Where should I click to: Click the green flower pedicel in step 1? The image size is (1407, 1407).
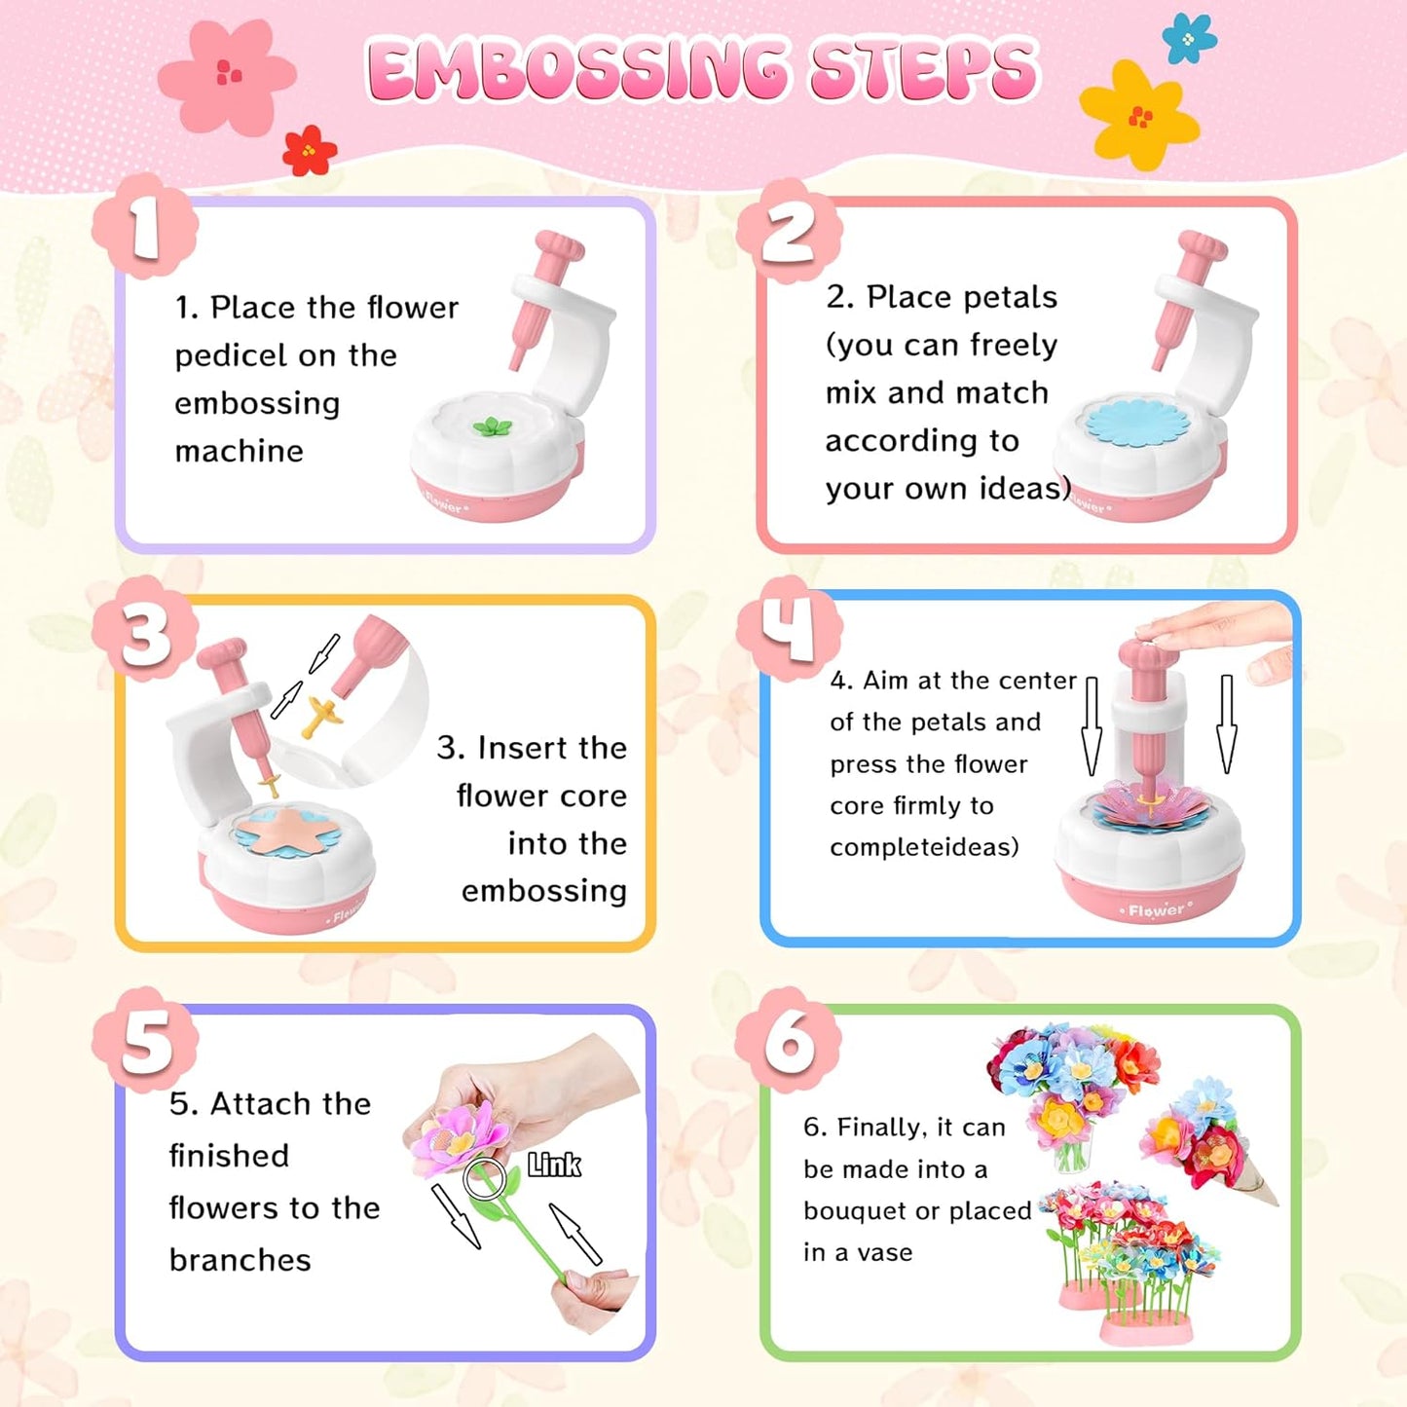[492, 426]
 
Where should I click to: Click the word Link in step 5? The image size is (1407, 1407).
[554, 1165]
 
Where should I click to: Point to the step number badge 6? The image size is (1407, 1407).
[789, 1040]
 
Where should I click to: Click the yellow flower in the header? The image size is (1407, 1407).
[1138, 115]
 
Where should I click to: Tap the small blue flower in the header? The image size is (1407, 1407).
[1189, 39]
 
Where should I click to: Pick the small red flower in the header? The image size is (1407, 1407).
[309, 151]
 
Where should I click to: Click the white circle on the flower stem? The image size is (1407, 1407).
[484, 1179]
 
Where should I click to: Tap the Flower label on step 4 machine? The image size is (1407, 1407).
[1156, 910]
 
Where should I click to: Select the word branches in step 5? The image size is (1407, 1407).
[240, 1260]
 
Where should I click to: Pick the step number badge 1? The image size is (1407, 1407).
[145, 228]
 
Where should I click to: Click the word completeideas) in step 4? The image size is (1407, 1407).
[924, 847]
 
